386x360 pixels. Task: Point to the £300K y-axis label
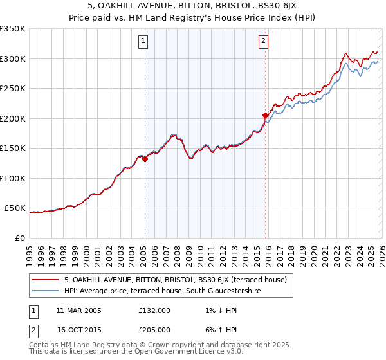point(13,59)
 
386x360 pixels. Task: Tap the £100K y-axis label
point(13,178)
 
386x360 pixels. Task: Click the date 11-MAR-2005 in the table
point(78,310)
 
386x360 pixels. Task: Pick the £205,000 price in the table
point(154,329)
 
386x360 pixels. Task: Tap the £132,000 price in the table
point(154,310)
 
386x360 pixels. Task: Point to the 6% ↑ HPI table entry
point(220,329)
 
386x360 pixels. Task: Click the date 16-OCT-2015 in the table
point(79,329)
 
